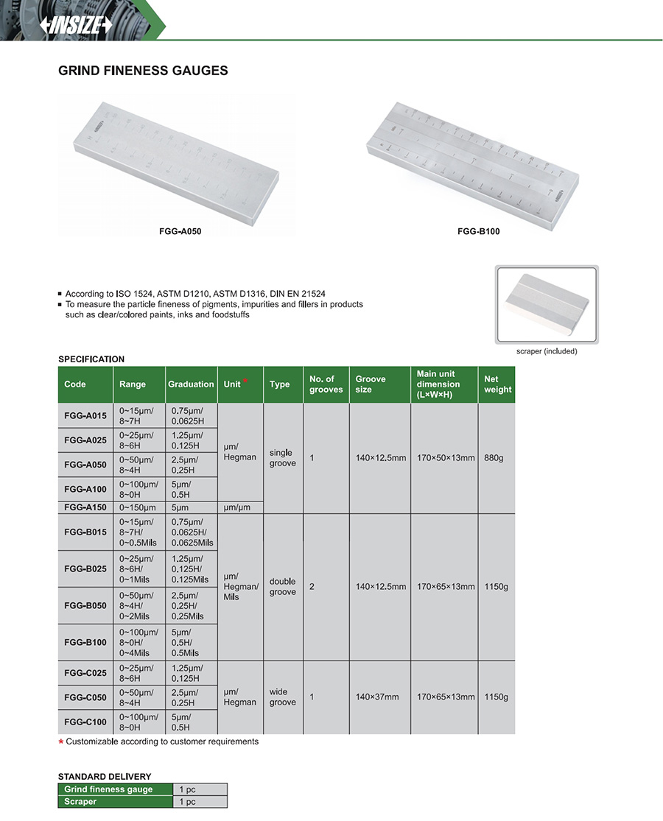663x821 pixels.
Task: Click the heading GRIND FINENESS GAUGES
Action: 143,71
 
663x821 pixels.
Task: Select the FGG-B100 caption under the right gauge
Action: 478,231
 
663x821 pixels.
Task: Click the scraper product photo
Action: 547,305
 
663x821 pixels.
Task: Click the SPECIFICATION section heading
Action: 91,359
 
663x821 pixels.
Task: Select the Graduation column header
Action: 191,384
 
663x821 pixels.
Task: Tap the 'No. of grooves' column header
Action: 326,384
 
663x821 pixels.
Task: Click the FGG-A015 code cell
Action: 85,416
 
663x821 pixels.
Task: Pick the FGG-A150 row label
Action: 85,507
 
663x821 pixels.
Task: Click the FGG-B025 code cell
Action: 85,569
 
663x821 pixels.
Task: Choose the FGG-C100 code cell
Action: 85,722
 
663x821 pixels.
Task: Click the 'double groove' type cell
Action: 282,587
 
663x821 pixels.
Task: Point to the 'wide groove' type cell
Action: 282,697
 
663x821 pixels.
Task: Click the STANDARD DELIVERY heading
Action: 105,776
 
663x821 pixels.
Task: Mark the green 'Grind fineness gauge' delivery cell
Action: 114,789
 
